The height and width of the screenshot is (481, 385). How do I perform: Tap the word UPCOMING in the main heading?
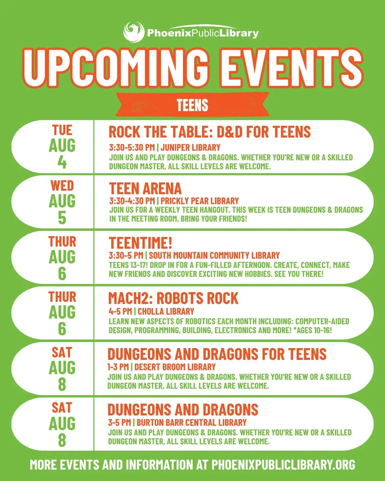click(115, 68)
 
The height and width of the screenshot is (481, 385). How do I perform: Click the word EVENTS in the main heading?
click(291, 68)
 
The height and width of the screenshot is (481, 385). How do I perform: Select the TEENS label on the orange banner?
click(192, 105)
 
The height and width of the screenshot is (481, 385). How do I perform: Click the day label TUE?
click(62, 130)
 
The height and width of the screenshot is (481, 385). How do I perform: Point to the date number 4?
click(62, 162)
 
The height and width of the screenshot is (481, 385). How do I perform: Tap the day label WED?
click(62, 186)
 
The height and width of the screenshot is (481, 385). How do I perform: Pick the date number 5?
click(62, 218)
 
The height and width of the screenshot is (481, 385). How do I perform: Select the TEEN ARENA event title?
click(145, 188)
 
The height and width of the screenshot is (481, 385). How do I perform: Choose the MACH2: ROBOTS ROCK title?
click(173, 298)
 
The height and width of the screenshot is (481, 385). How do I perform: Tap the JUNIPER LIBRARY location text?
click(190, 148)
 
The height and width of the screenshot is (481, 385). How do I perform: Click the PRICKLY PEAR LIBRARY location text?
click(200, 201)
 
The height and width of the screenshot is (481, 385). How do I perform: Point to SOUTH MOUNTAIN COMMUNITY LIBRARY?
click(214, 255)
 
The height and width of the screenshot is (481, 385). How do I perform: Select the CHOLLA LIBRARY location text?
click(166, 311)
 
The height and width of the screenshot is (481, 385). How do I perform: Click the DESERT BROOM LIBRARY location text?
click(175, 367)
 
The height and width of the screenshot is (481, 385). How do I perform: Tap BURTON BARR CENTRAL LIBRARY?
click(191, 423)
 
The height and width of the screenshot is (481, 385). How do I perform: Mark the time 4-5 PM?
click(120, 311)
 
